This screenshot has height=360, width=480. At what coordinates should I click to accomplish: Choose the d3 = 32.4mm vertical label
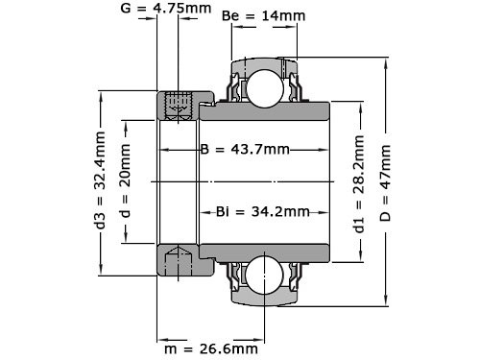click(x=101, y=179)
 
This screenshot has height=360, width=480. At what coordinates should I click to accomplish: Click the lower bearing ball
click(x=262, y=275)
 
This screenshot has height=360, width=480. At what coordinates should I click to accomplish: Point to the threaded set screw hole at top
click(x=178, y=106)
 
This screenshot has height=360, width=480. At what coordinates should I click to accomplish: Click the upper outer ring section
click(x=262, y=61)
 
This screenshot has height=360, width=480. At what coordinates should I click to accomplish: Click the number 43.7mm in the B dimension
click(x=259, y=151)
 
